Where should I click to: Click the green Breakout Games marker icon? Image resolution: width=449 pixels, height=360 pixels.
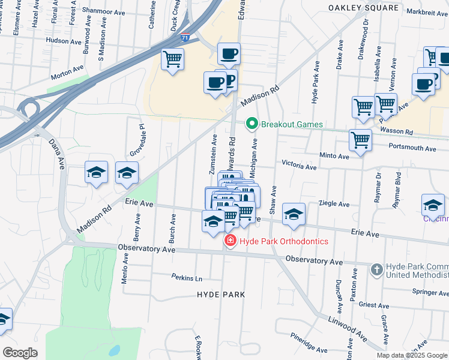[x=252, y=124]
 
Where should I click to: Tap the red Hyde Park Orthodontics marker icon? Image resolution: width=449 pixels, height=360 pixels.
[x=229, y=241]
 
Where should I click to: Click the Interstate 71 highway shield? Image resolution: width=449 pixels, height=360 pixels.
[x=186, y=38]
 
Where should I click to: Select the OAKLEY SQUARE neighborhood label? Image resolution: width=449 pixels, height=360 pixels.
[x=363, y=8]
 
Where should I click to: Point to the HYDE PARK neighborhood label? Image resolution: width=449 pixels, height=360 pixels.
[x=221, y=295]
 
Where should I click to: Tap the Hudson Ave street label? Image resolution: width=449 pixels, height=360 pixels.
[x=63, y=41]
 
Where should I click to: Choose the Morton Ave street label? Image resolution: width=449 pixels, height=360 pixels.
[x=66, y=76]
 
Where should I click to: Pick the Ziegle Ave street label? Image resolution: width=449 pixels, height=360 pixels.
[x=334, y=204]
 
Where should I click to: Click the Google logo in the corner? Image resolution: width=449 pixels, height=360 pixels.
[x=20, y=353]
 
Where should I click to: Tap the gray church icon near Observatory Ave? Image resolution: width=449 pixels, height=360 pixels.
[x=376, y=269]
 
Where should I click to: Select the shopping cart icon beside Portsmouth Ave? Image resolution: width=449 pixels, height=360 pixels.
[x=360, y=141]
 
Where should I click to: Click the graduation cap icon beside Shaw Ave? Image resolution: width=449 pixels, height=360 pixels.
[x=294, y=214]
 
